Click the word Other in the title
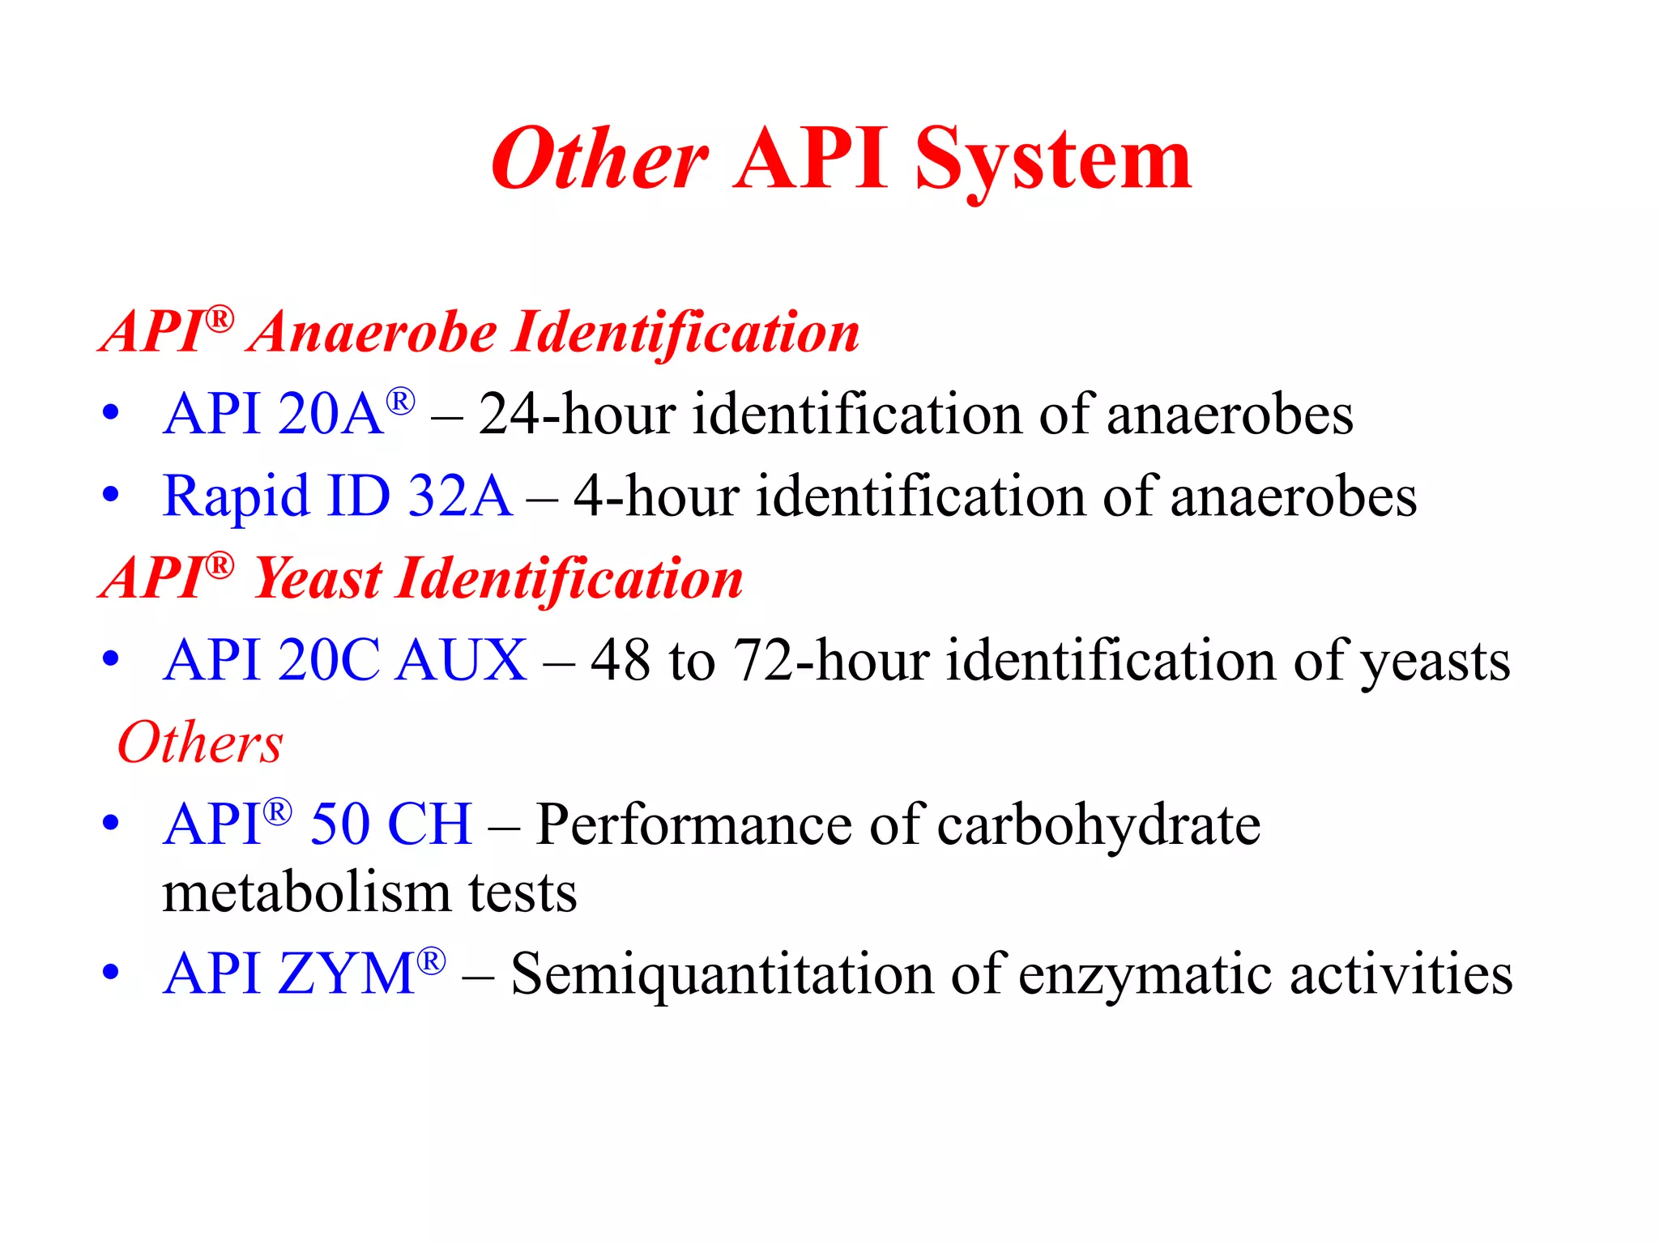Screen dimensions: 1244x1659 (599, 160)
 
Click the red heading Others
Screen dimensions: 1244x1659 (200, 743)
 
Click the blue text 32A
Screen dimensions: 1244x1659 (459, 496)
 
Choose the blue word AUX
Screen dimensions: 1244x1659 (463, 661)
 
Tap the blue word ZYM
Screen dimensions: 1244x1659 (347, 973)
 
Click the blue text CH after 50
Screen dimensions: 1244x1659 (429, 825)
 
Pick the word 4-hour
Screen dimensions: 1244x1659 (655, 496)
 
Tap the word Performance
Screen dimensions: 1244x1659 (693, 825)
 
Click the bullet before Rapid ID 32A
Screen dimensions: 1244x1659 (111, 495)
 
